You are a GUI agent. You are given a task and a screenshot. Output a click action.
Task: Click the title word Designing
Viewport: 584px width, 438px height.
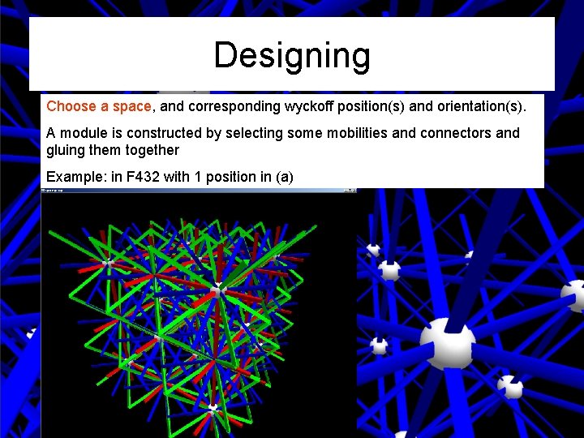tap(292, 56)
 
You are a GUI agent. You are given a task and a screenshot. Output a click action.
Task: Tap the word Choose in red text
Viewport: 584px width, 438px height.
tap(68, 106)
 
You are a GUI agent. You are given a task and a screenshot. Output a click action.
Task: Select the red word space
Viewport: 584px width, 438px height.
tap(132, 106)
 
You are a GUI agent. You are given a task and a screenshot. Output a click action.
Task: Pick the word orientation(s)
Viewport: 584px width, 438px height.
tap(478, 106)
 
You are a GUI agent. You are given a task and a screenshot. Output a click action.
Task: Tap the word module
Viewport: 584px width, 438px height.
tap(82, 133)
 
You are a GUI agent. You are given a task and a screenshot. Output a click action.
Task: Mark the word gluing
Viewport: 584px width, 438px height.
tap(66, 150)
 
